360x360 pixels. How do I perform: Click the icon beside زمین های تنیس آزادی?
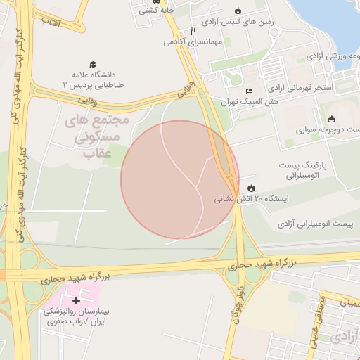pyautogui.click(x=238, y=10)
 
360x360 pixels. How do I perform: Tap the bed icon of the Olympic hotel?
pyautogui.click(x=248, y=91)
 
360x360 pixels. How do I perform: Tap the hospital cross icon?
pyautogui.click(x=77, y=300)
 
